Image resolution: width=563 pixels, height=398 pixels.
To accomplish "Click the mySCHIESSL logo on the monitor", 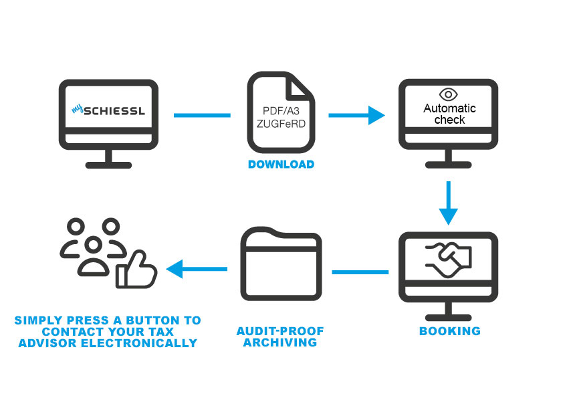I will [108, 109].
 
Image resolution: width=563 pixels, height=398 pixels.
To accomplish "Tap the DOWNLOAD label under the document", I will [281, 164].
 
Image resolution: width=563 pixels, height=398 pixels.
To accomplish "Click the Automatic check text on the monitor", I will [449, 114].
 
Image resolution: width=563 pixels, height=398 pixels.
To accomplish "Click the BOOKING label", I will [449, 331].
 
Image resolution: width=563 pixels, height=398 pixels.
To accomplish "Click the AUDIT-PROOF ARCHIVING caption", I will [279, 336].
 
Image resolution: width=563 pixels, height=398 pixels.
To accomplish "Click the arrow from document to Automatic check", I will [356, 115].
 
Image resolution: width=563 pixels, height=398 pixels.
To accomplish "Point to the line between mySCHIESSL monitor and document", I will [202, 115].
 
